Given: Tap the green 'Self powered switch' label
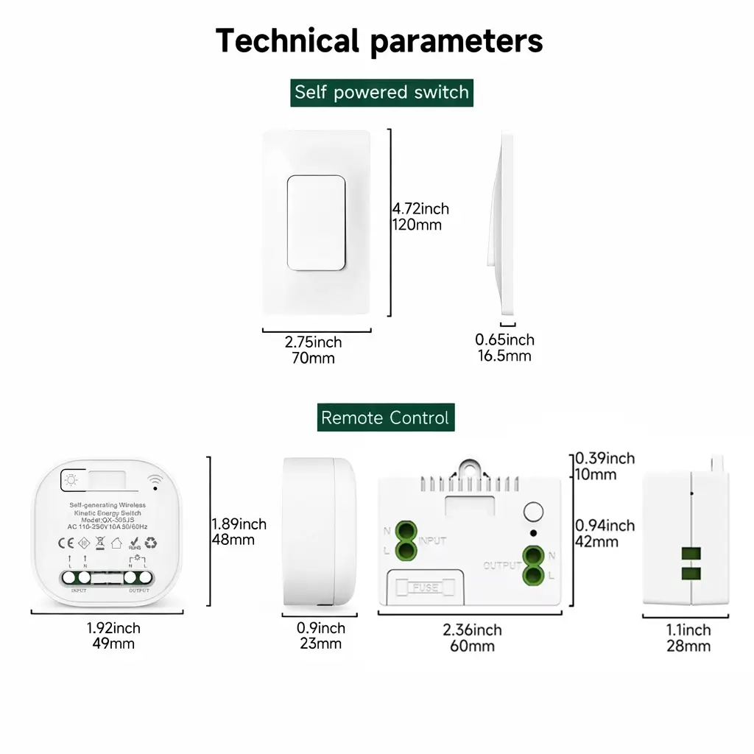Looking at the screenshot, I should point(381,93).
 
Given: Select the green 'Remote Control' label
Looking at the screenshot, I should point(384,418).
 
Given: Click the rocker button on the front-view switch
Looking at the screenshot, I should point(316,222).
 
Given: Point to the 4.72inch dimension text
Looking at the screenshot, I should point(420,209).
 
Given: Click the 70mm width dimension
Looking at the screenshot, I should point(314,359).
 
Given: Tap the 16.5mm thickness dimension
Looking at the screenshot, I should point(504,356).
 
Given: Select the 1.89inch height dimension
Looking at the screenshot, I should point(239,524).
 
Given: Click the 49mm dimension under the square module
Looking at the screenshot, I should point(113,644).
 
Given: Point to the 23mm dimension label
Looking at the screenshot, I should point(321,644).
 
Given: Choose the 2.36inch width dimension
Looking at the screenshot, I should point(472,630).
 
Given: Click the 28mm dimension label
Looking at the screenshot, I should point(688,646).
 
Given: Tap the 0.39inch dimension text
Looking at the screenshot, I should point(605,459).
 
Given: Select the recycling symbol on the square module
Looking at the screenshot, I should point(151,543).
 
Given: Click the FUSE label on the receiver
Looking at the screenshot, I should point(426,588).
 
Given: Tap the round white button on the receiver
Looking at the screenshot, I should point(533,512).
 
